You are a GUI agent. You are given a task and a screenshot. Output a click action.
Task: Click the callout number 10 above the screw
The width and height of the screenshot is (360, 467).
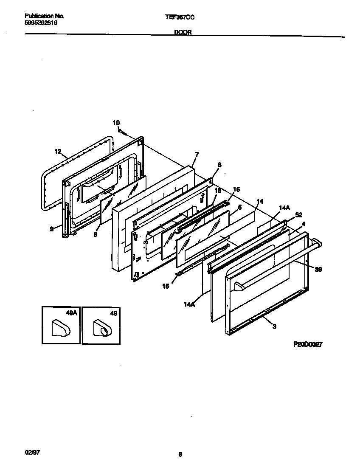116,123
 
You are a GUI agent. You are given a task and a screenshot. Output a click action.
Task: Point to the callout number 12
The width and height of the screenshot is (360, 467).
58,151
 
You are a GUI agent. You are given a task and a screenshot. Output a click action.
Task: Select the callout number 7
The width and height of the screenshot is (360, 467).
197,155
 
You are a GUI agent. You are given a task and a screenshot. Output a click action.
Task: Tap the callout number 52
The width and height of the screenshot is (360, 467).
298,214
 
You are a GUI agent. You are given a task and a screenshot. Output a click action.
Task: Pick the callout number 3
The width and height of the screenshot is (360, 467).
274,326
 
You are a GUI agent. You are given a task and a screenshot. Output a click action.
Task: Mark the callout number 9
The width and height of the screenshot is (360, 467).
52,228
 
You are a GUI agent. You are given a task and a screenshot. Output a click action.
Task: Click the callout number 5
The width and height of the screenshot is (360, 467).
240,207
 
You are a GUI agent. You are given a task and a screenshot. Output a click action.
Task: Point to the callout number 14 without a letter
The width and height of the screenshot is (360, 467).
260,201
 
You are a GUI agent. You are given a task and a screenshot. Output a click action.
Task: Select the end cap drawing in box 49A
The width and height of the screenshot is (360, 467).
60,329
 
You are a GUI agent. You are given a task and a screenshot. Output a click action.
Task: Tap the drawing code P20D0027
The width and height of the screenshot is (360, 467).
308,345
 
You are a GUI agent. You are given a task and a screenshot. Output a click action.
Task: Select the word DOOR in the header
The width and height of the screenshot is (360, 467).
183,32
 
